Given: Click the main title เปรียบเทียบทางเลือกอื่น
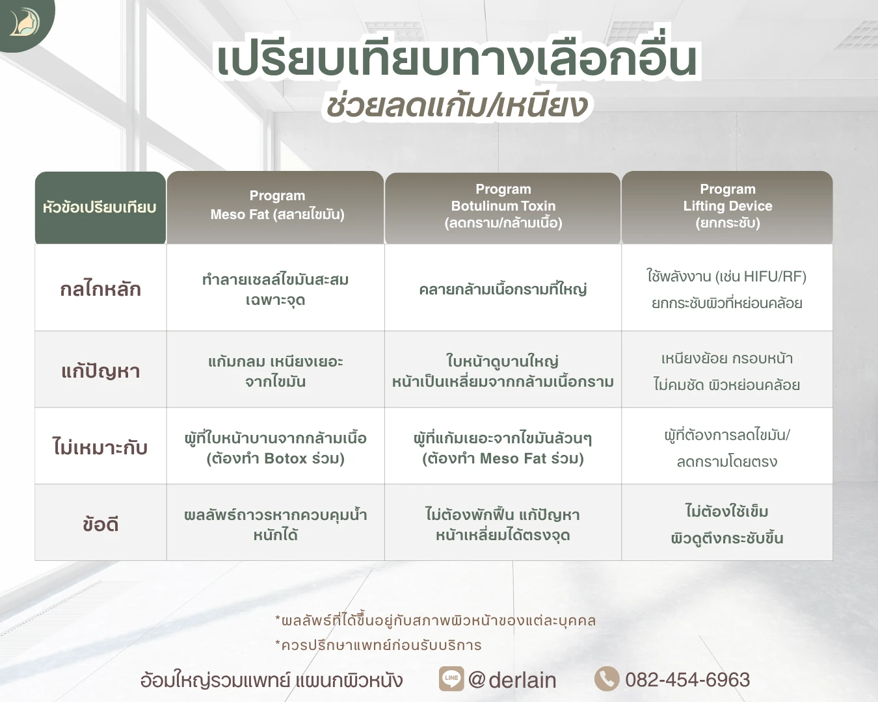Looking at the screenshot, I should pos(457,60).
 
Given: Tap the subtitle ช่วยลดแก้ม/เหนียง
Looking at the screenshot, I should pos(457,106).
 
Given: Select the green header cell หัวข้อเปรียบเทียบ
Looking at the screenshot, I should pos(100,208).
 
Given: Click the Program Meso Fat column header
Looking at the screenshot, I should pos(276,205).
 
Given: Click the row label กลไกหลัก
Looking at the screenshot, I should pos(100,289).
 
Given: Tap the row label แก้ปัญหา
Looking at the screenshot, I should pos(100,370).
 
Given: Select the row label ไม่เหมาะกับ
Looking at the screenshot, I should pos(100,447).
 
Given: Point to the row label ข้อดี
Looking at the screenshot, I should pos(100,524).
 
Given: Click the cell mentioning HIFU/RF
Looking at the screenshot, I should pos(726,289).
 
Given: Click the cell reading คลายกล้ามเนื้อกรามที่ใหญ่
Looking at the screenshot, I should pos(503,289).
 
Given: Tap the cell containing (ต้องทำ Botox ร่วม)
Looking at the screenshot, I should pos(276,448).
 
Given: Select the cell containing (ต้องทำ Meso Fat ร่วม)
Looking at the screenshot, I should pos(503,448).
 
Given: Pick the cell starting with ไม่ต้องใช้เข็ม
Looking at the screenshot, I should pos(726,524).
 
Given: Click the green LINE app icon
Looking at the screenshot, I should pos(451,679).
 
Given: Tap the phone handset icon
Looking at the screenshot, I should pos(607,679).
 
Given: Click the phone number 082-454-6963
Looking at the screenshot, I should pos(687,680).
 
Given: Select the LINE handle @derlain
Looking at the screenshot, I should pos(512,680).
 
